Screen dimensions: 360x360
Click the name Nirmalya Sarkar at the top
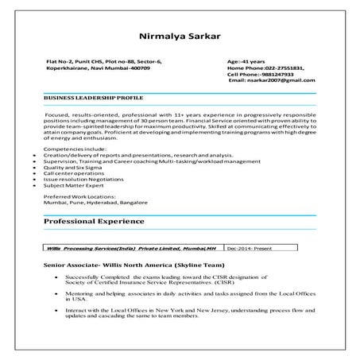point(180,36)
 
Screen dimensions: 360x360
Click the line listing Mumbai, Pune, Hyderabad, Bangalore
point(95,201)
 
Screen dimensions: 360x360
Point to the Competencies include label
point(73,149)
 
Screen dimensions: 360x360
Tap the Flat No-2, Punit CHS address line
point(103,61)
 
